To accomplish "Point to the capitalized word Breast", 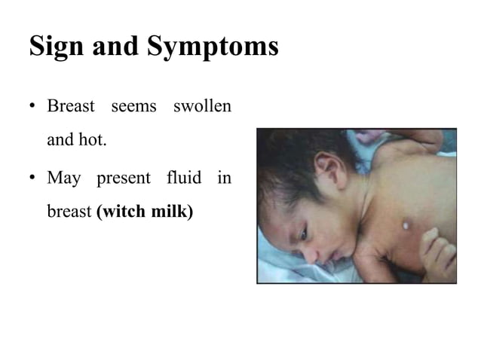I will click(x=71, y=106).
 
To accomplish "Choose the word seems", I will click(x=133, y=106).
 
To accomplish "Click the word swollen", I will click(x=201, y=106).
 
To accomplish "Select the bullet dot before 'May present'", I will click(x=33, y=179).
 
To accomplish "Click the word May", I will click(x=63, y=179).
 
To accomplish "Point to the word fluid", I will click(x=184, y=178).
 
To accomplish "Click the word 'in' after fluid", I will click(x=224, y=178).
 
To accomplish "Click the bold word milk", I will click(x=170, y=212).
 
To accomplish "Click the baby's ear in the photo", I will click(x=326, y=169).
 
